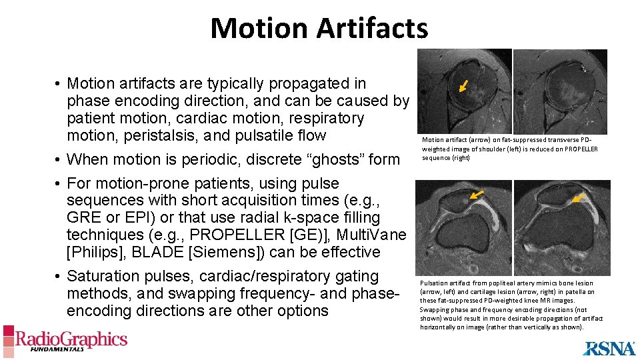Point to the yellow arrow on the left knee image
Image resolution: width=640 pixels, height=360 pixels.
475,195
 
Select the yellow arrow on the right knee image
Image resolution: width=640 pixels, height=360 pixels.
581,197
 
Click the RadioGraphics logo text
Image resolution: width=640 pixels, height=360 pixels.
71,339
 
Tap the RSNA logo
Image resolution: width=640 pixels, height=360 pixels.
609,348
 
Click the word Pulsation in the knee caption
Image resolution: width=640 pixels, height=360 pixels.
432,283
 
